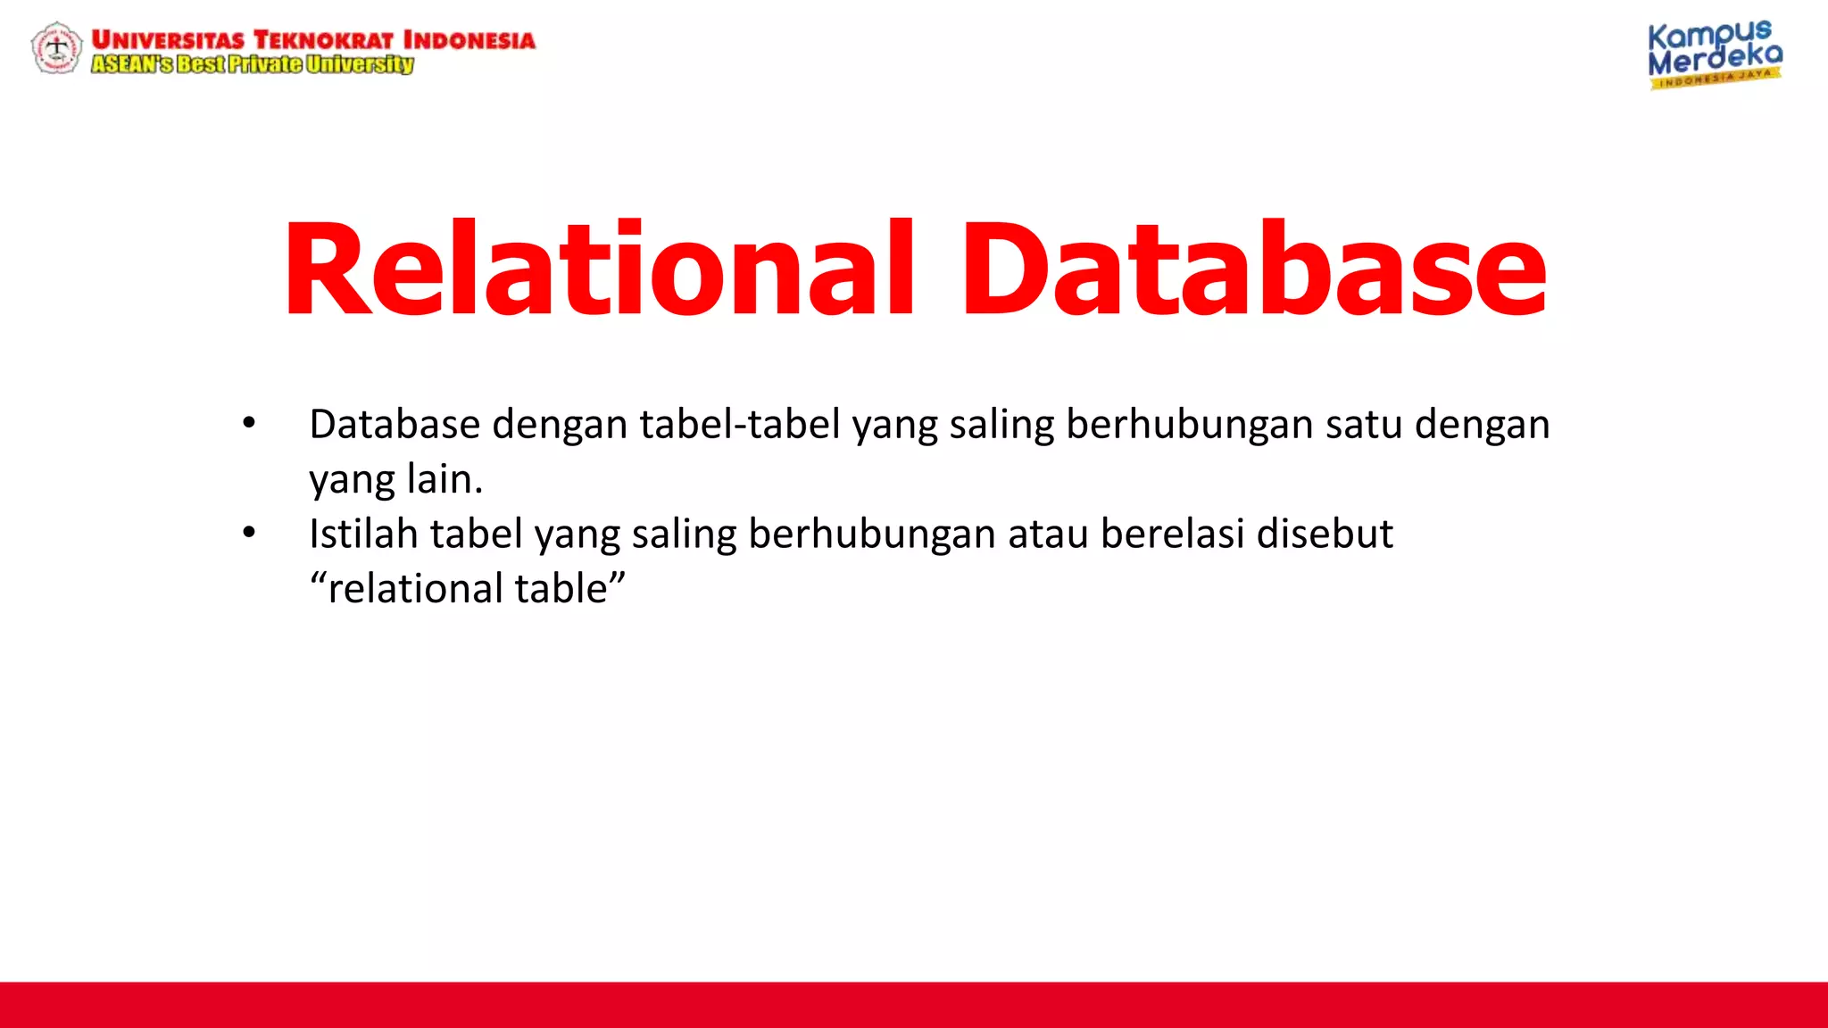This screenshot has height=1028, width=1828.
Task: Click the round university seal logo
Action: click(x=56, y=47)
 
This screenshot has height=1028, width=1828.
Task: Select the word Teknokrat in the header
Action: click(x=323, y=40)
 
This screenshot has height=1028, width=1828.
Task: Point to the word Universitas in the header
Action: click(x=168, y=40)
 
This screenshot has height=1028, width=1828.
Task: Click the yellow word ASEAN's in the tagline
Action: click(x=132, y=64)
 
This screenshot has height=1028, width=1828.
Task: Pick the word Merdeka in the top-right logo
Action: click(x=1714, y=59)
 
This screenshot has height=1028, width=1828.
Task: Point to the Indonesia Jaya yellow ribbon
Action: click(x=1715, y=79)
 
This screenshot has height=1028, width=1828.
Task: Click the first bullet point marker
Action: click(x=249, y=424)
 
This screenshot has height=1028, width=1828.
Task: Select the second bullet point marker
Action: click(x=249, y=534)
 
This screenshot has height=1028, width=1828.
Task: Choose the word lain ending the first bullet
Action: click(x=444, y=479)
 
